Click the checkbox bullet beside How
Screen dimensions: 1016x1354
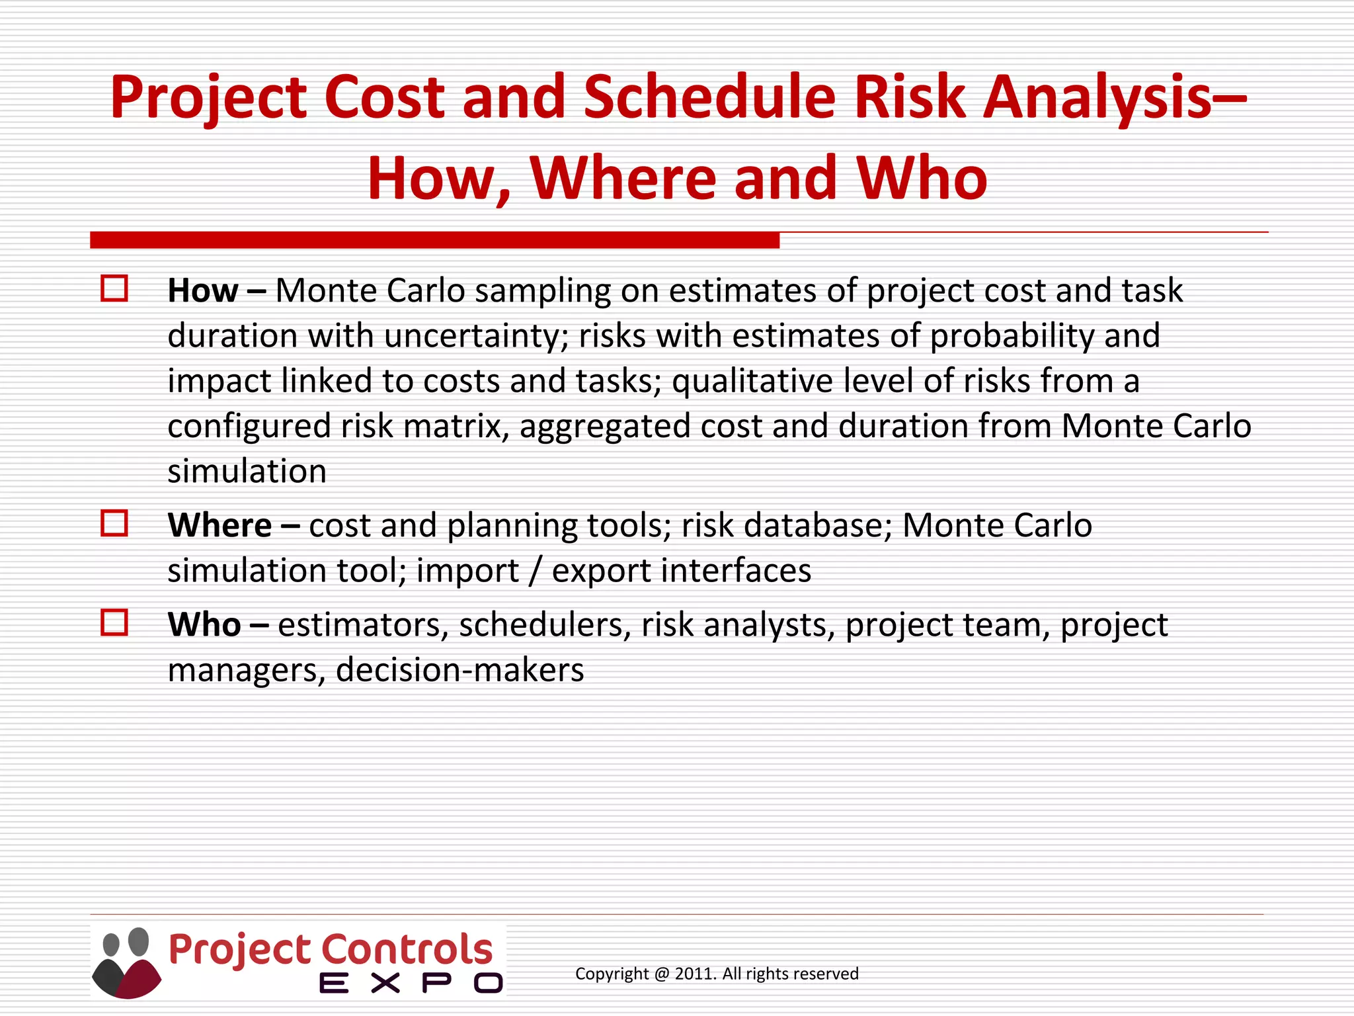[114, 289]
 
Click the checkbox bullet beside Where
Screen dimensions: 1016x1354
[114, 523]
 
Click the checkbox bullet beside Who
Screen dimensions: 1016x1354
[114, 622]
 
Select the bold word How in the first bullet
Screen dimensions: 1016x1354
[202, 290]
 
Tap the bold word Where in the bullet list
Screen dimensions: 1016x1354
[219, 525]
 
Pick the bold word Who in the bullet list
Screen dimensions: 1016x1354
[204, 624]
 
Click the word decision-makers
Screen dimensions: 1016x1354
[459, 670]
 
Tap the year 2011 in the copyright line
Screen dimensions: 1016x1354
[693, 974]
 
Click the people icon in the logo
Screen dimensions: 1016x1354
[126, 962]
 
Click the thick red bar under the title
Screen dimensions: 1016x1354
[434, 240]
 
